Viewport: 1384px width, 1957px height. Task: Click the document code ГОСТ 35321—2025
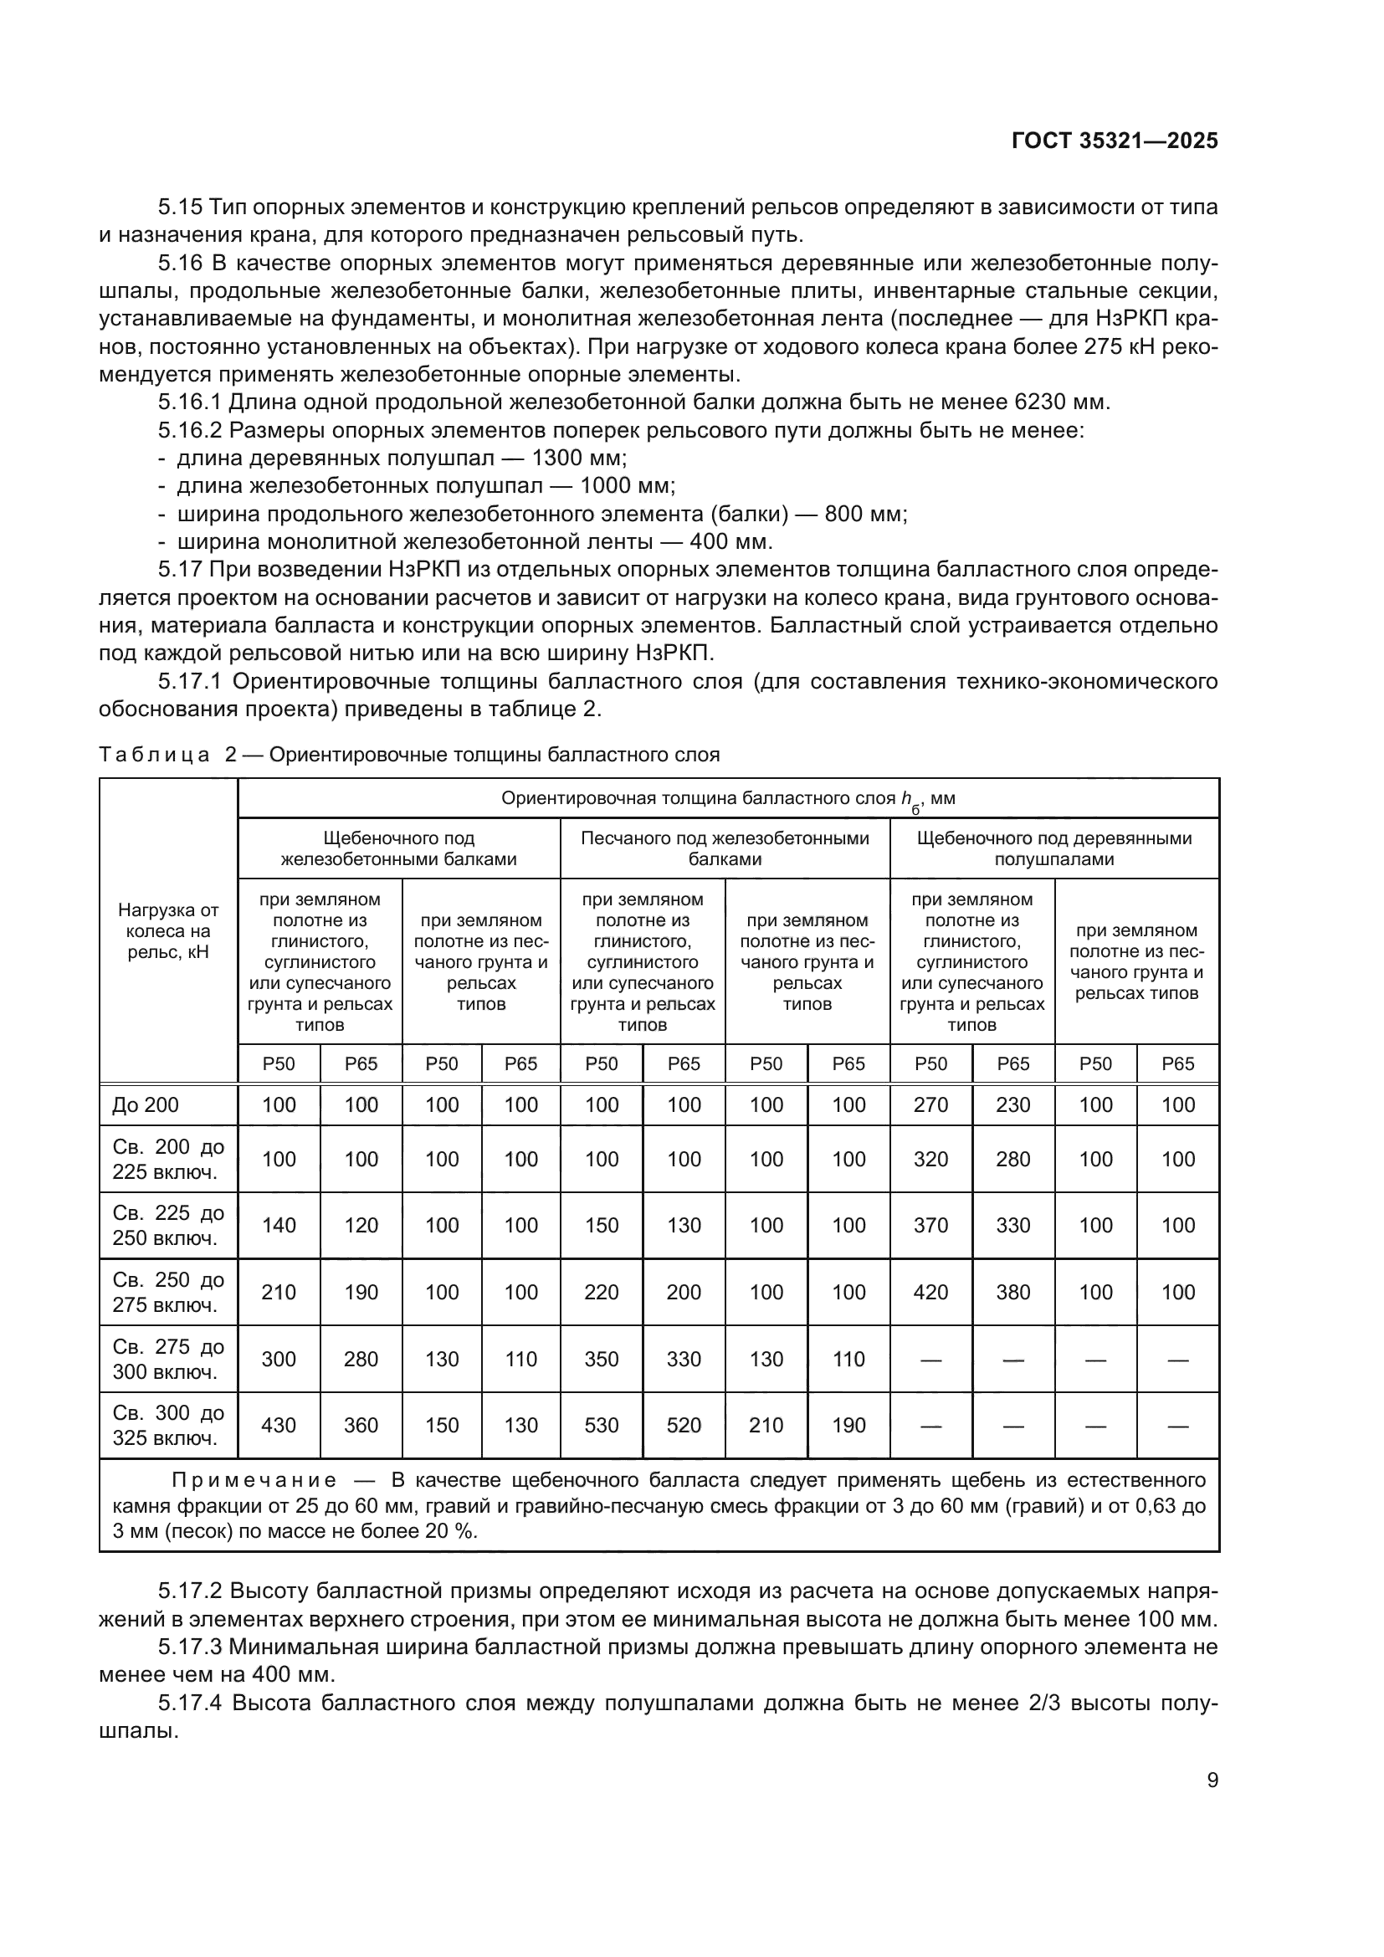coord(1114,141)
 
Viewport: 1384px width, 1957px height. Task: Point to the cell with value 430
coord(279,1425)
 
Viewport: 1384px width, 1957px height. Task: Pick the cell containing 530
coord(602,1425)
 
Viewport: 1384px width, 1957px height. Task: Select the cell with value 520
coord(684,1425)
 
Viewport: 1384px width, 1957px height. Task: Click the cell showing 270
coord(930,1104)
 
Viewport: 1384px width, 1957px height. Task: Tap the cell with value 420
coord(930,1292)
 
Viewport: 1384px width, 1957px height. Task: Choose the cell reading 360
coord(361,1425)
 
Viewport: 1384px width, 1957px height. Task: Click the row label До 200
coord(146,1105)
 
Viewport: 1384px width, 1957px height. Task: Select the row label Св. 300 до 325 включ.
coord(168,1425)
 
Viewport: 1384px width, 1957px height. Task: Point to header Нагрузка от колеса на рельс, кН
coord(168,930)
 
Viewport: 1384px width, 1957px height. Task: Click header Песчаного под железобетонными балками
coord(725,848)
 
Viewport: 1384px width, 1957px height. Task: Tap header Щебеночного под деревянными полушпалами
coord(1054,848)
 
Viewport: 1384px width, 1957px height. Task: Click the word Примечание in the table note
coord(254,1481)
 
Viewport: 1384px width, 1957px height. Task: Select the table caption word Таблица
coord(154,756)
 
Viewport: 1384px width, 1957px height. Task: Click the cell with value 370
coord(930,1225)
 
